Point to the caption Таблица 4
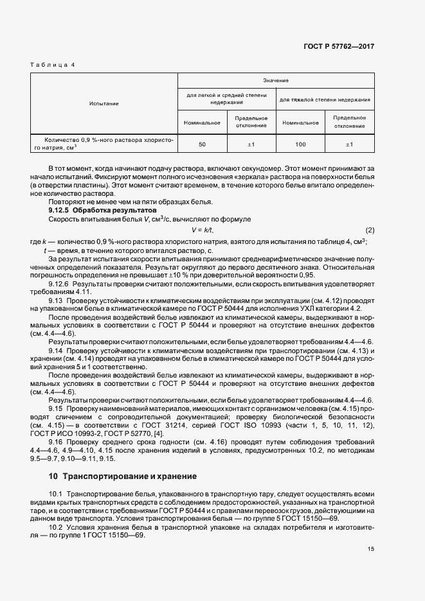[x=53, y=65]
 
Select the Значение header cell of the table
[x=276, y=80]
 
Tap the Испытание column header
[x=104, y=103]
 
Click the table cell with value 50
[x=202, y=144]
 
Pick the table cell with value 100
[x=300, y=144]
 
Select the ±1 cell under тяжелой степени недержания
[x=350, y=144]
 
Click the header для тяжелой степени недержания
[x=325, y=100]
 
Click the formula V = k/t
[x=203, y=230]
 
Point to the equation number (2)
[x=370, y=230]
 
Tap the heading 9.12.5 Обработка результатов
[x=102, y=210]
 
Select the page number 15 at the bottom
[x=370, y=548]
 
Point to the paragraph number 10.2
[x=56, y=527]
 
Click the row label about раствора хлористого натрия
[x=104, y=144]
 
